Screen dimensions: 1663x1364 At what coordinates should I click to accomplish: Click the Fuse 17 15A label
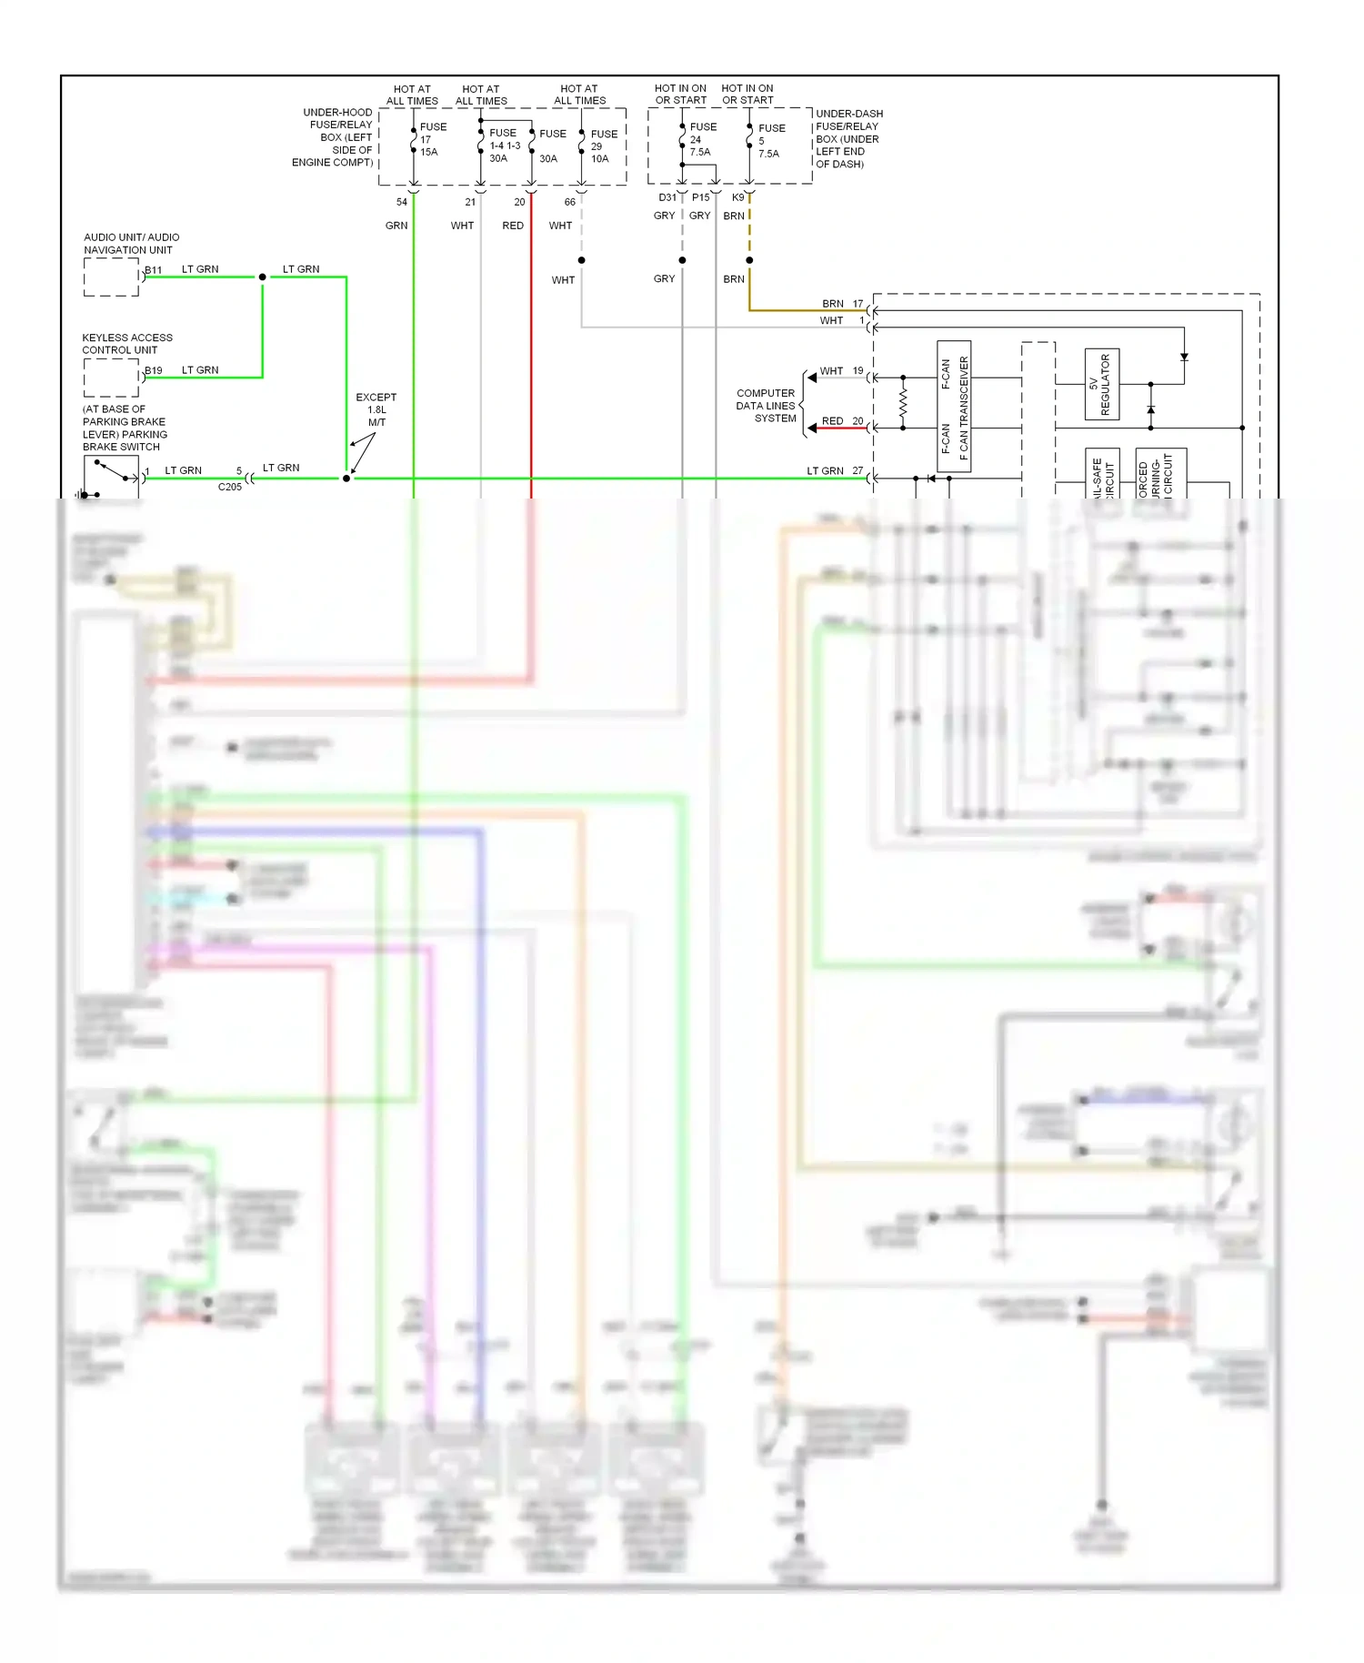point(432,139)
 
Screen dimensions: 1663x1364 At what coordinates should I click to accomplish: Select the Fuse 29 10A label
point(603,146)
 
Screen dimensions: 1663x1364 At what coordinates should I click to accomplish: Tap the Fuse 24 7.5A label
point(702,139)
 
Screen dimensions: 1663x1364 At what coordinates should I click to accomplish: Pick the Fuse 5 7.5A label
point(770,141)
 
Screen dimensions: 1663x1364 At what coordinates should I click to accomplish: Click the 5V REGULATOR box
point(1101,384)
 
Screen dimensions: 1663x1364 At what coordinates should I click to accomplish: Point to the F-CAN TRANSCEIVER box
point(954,406)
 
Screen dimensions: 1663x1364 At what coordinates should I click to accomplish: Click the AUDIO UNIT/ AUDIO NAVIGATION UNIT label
point(131,243)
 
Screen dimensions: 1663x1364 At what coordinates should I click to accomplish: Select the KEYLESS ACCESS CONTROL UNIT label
point(126,343)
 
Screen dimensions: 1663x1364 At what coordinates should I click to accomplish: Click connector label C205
point(230,487)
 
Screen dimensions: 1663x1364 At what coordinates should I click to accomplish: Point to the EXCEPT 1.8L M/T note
point(376,409)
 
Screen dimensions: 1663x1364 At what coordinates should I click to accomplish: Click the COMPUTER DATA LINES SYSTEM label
point(766,406)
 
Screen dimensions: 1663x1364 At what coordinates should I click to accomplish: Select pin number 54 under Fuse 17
point(401,202)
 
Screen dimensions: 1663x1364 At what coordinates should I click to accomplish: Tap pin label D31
point(667,197)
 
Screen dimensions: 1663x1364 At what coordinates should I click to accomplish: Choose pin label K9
point(737,197)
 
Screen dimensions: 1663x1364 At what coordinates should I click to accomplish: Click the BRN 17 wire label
point(842,304)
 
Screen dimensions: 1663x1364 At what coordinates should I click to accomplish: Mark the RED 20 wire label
point(842,421)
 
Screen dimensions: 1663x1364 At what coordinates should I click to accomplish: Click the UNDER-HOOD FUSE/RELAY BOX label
point(333,137)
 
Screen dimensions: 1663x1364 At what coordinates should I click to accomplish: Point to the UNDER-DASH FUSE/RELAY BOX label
point(847,138)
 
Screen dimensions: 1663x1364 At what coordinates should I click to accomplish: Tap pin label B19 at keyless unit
point(154,370)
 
